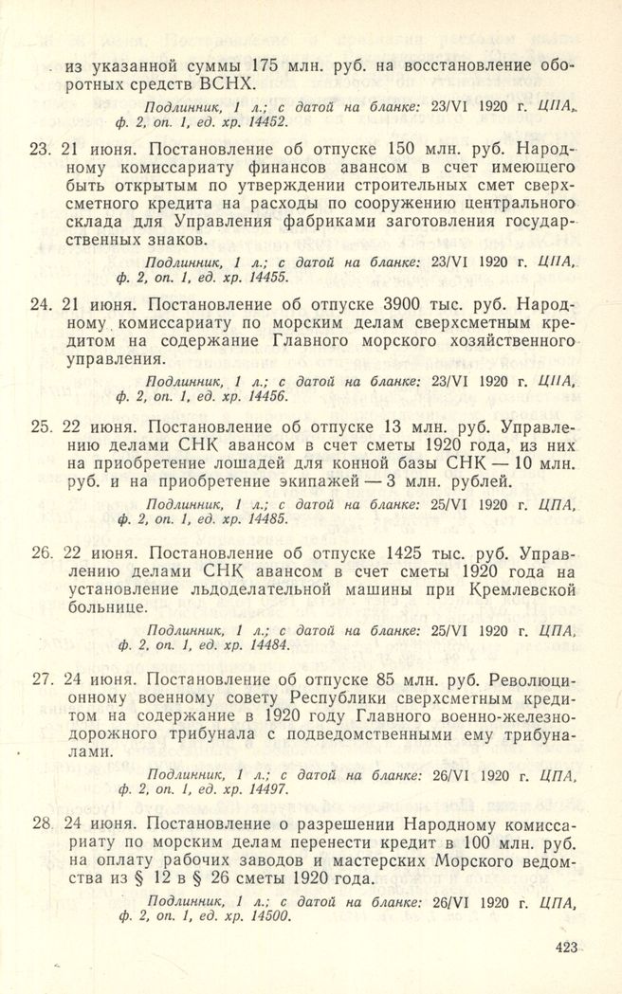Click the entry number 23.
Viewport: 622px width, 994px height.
(40, 149)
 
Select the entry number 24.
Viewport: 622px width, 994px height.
(40, 305)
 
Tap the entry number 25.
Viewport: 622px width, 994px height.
(40, 425)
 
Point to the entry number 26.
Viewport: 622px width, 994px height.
(40, 550)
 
